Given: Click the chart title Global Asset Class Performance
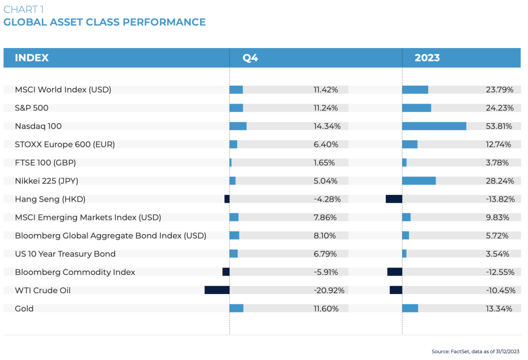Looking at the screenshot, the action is click(104, 22).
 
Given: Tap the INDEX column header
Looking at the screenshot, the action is click(31, 58).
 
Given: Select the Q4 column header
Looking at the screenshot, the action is click(250, 58).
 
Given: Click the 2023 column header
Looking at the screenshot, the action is click(427, 58).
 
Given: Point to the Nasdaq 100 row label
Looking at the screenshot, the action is click(38, 126).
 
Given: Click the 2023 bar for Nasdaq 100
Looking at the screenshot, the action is click(434, 126).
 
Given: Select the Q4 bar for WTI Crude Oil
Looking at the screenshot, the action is click(217, 290).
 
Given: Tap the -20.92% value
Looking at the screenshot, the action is click(329, 290).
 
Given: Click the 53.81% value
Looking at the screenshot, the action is click(499, 126).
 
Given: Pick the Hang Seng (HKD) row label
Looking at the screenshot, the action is click(50, 200).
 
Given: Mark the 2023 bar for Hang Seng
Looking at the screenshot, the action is click(394, 199).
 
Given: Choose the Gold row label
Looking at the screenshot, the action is click(24, 308).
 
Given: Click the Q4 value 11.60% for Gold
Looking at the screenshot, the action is click(326, 308).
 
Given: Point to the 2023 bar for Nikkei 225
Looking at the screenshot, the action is click(419, 181).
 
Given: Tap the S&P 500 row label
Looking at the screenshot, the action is click(31, 108).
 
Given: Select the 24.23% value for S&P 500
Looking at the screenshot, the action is click(500, 108).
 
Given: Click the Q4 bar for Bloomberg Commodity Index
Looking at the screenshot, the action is click(226, 272).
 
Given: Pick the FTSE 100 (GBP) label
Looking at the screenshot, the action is click(45, 162).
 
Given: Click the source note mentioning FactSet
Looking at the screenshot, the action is click(475, 352).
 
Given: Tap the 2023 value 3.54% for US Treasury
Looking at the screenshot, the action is click(498, 254).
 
